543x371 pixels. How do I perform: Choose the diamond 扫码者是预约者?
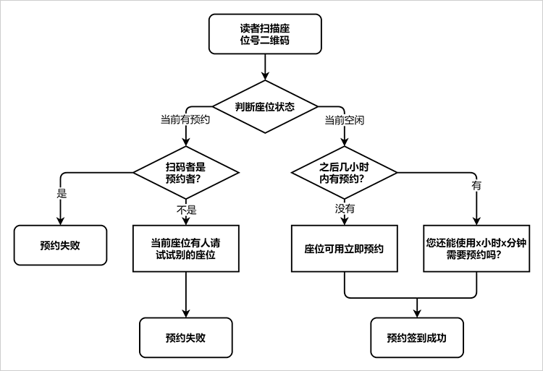coord(186,172)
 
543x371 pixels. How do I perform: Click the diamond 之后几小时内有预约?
coord(344,172)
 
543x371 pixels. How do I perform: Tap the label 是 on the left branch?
coord(62,193)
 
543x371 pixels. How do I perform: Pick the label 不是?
coord(187,210)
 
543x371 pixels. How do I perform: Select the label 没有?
coord(345,208)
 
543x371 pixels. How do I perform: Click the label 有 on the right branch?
coord(476,186)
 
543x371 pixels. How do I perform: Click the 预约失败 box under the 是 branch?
coord(61,245)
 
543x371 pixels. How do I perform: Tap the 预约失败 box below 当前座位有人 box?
coord(186,338)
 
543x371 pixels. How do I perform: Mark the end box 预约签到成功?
coord(417,338)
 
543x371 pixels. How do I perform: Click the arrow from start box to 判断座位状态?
coord(266,67)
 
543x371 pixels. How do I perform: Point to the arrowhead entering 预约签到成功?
coord(417,313)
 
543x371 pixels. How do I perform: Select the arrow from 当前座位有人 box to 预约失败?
coord(186,294)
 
